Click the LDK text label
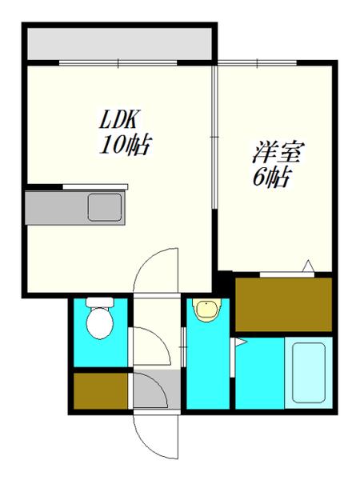tap(120, 121)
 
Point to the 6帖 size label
tap(270, 178)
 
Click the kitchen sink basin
tap(104, 207)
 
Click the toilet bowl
tap(99, 324)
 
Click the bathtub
tap(309, 373)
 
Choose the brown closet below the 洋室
tap(283, 304)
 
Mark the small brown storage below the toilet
tap(99, 391)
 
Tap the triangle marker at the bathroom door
tap(238, 343)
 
